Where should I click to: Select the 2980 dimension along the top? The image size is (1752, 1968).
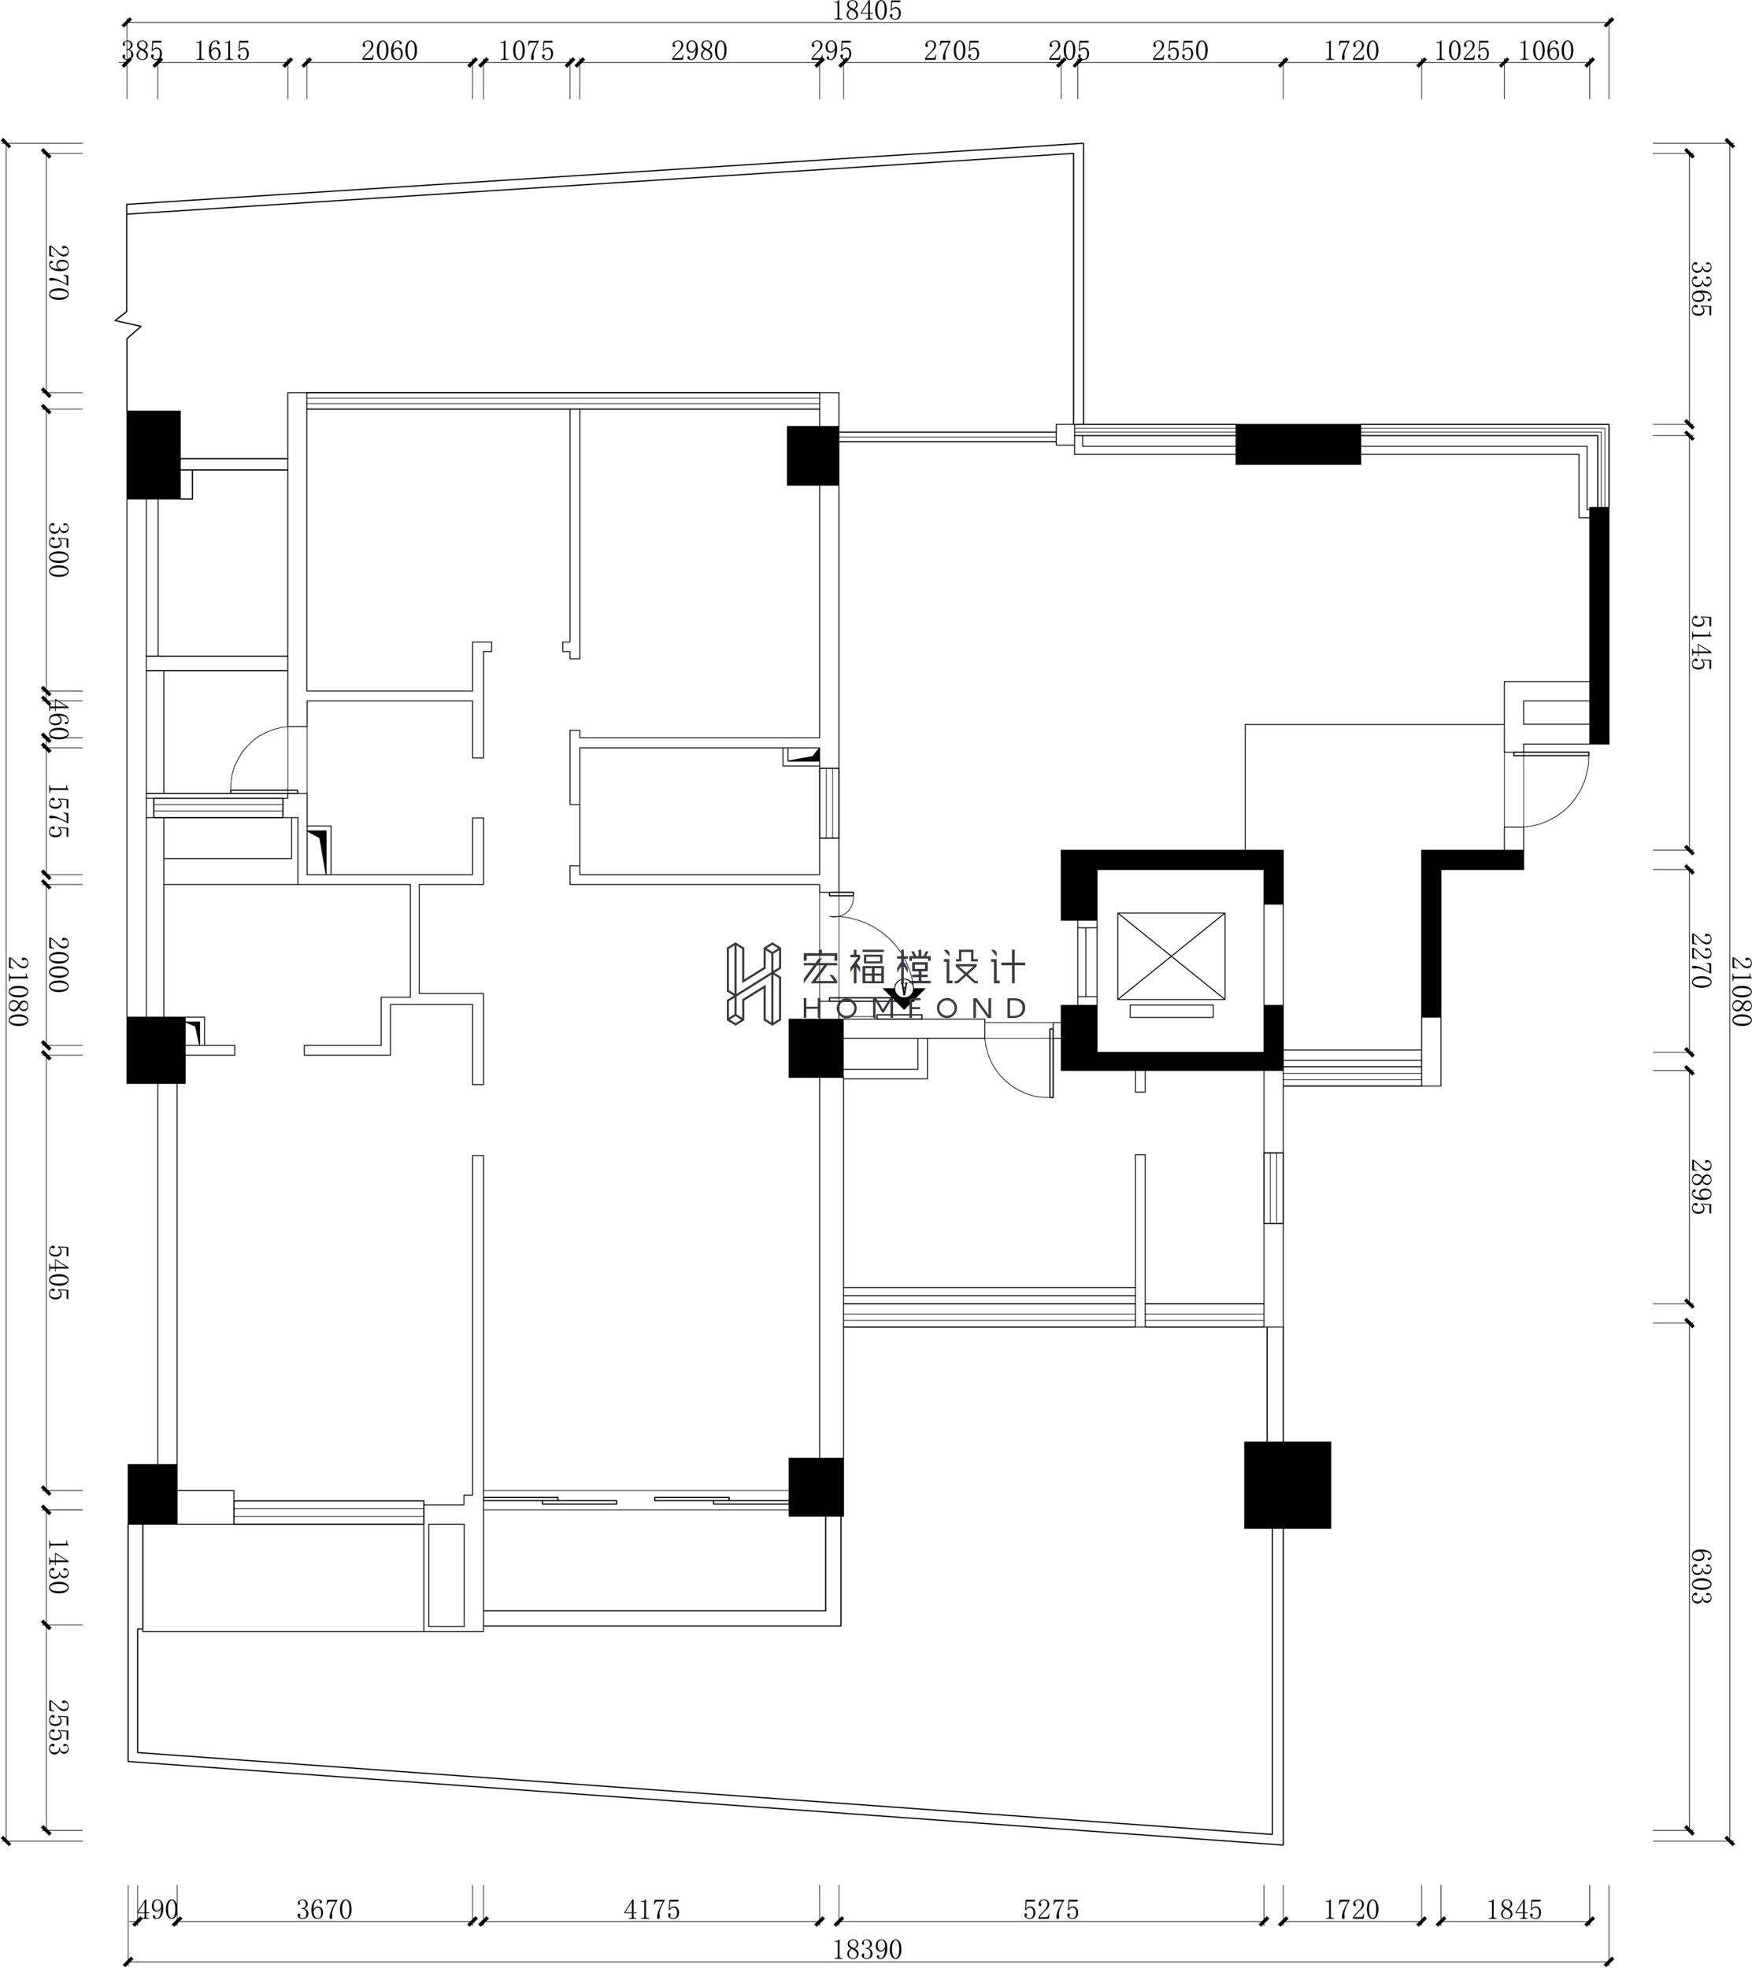pyautogui.click(x=699, y=50)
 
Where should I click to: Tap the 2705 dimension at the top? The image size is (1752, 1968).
pyautogui.click(x=952, y=50)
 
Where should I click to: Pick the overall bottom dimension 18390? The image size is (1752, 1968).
pyautogui.click(x=867, y=1950)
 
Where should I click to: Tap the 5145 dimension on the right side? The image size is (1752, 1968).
pyautogui.click(x=1702, y=642)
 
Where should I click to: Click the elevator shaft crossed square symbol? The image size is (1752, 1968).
pyautogui.click(x=1170, y=956)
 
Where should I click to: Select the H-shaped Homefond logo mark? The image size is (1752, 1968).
pyautogui.click(x=752, y=983)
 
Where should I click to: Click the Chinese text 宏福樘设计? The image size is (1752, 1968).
pyautogui.click(x=914, y=967)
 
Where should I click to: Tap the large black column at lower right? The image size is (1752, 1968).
pyautogui.click(x=1287, y=1485)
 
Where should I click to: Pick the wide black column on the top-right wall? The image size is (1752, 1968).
pyautogui.click(x=1298, y=444)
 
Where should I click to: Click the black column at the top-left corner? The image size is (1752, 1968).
pyautogui.click(x=153, y=454)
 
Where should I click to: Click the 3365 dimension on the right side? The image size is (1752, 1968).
pyautogui.click(x=1702, y=288)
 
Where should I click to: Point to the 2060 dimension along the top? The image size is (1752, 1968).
pyautogui.click(x=389, y=50)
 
